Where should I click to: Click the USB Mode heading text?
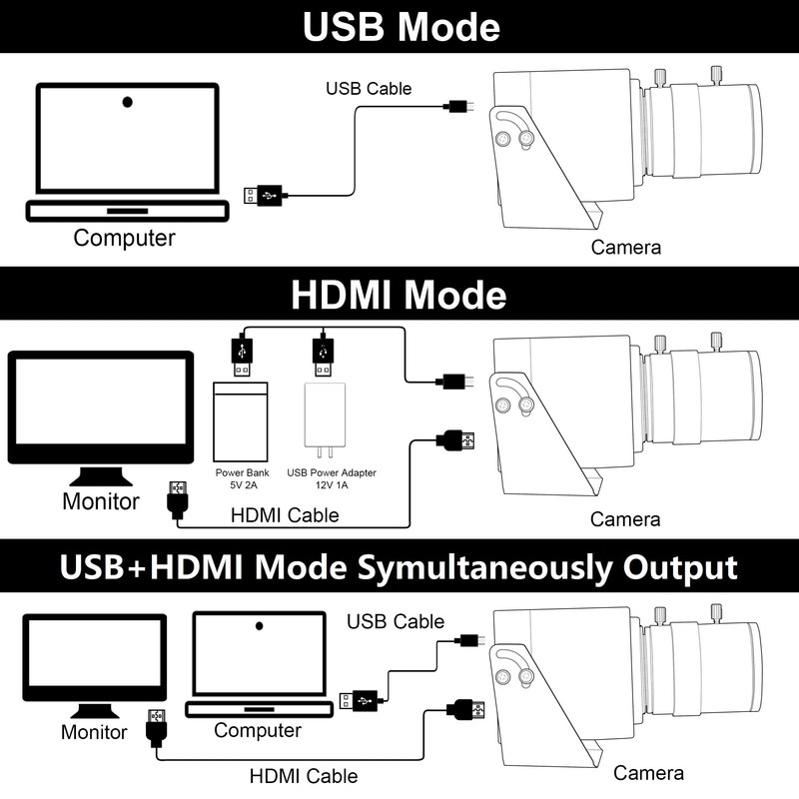(x=401, y=27)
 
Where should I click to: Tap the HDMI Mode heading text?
(x=399, y=295)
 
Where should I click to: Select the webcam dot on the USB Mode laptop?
(x=128, y=103)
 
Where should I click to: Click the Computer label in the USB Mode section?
(x=124, y=238)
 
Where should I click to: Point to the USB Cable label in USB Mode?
(x=369, y=89)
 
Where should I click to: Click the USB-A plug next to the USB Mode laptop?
(x=263, y=196)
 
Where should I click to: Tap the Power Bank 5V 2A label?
(x=243, y=478)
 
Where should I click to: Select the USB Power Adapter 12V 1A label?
(x=332, y=478)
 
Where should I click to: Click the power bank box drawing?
(x=241, y=421)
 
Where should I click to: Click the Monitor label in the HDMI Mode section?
(x=101, y=501)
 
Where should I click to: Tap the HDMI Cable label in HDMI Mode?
(x=285, y=515)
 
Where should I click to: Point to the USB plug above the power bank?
(x=242, y=356)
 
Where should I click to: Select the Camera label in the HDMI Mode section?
(x=625, y=519)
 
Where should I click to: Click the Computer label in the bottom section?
(x=258, y=731)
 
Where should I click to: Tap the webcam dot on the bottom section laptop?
(x=260, y=626)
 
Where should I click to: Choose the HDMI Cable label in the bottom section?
(x=304, y=776)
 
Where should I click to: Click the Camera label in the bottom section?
(x=648, y=773)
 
